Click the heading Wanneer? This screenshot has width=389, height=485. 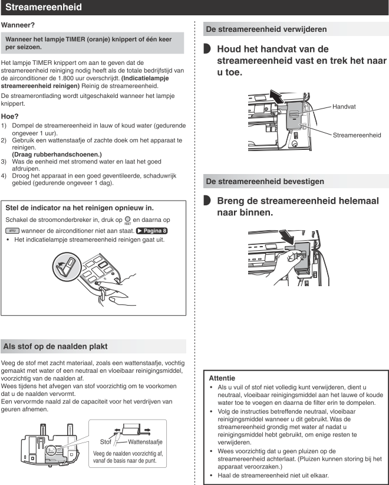[x=18, y=25]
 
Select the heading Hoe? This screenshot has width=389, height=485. [x=11, y=117]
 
